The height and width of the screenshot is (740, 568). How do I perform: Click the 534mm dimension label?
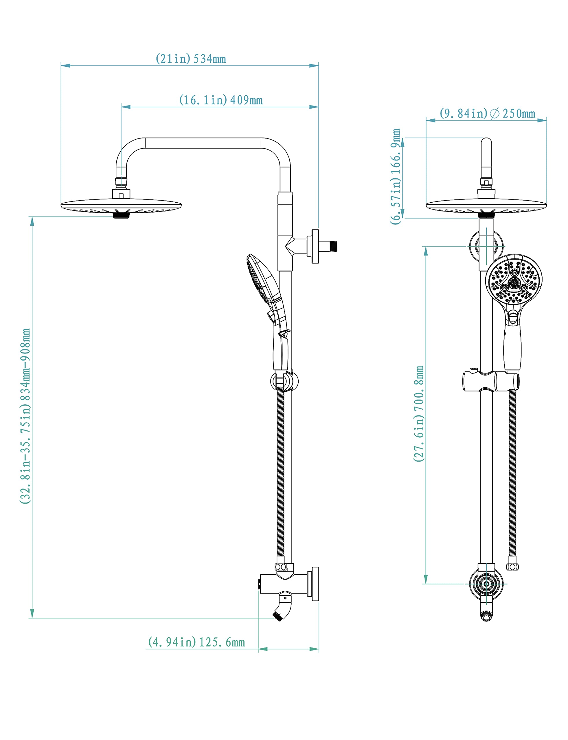tap(191, 59)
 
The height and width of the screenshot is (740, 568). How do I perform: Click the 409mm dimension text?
tap(221, 100)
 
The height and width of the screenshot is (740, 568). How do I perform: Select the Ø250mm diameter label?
tap(487, 114)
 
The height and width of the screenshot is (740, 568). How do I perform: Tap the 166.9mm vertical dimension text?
tap(395, 176)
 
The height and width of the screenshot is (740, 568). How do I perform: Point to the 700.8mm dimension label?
tap(419, 413)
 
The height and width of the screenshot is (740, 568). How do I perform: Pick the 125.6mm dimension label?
tap(196, 642)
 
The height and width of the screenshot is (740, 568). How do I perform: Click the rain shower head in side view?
tap(121, 206)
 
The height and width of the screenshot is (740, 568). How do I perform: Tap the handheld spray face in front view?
tap(514, 279)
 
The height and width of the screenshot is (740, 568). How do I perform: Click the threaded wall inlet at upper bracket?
tap(333, 246)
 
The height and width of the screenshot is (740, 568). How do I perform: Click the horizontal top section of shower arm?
tap(203, 143)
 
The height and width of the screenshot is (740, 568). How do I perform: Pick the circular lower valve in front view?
tap(486, 584)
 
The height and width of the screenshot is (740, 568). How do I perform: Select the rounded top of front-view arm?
tap(486, 144)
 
